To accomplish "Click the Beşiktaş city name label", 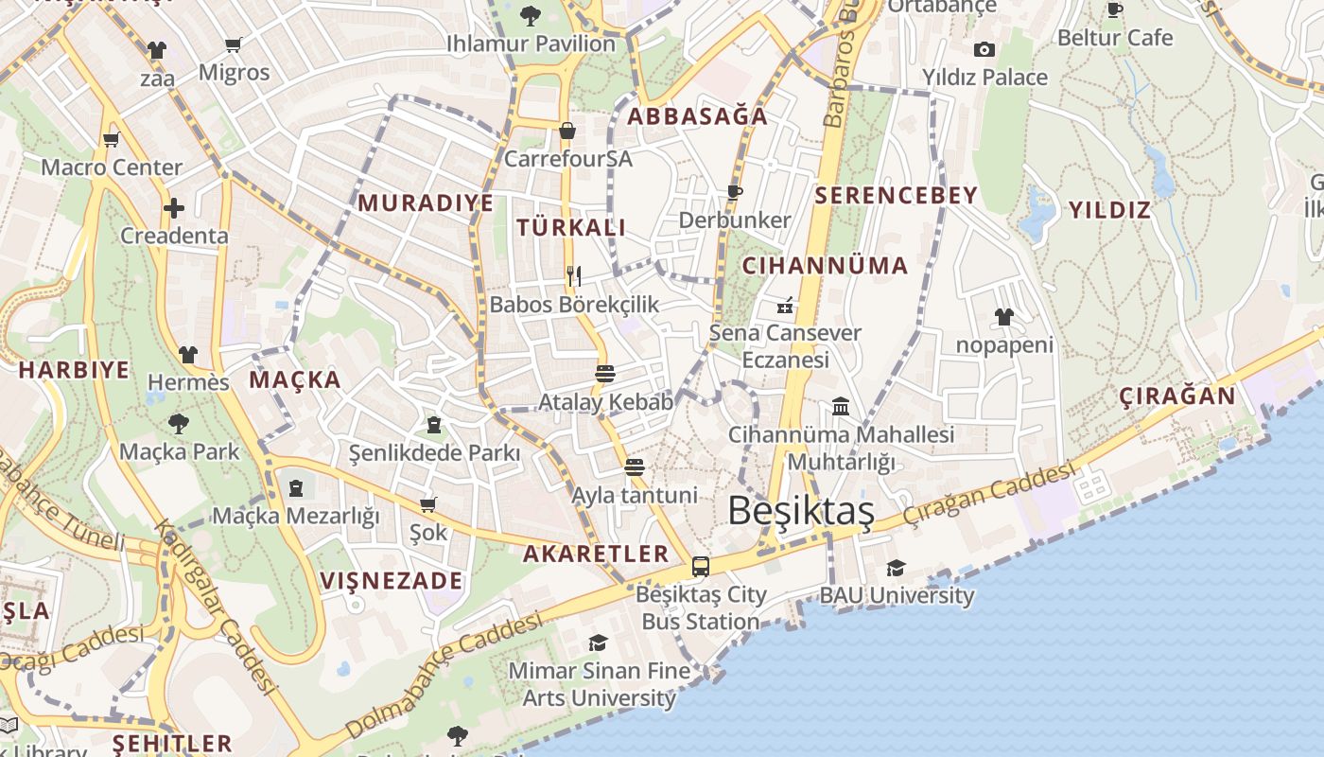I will tap(800, 511).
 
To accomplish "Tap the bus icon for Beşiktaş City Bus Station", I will tap(700, 567).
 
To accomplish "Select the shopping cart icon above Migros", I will tap(234, 44).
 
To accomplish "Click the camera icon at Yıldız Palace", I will tap(984, 49).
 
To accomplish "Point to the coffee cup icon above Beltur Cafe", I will tap(1115, 10).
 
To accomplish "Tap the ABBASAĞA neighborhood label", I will tap(698, 116).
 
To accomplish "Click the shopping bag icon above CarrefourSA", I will tap(567, 131).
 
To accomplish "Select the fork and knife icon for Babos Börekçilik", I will tap(574, 276).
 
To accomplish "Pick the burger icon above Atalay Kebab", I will tap(605, 374).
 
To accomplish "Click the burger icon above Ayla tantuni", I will tap(635, 467).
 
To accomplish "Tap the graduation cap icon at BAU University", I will tap(896, 568).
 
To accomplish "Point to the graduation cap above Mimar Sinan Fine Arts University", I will tap(598, 643).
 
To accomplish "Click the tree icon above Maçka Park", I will tap(179, 423).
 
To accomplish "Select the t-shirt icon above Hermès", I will tap(188, 355).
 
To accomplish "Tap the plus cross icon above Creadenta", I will tap(174, 208).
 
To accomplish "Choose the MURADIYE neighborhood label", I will tap(426, 202).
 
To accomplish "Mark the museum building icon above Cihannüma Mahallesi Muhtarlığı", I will tap(840, 407).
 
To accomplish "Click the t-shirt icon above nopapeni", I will tap(1003, 317).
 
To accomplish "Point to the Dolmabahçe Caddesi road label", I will tap(444, 675).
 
